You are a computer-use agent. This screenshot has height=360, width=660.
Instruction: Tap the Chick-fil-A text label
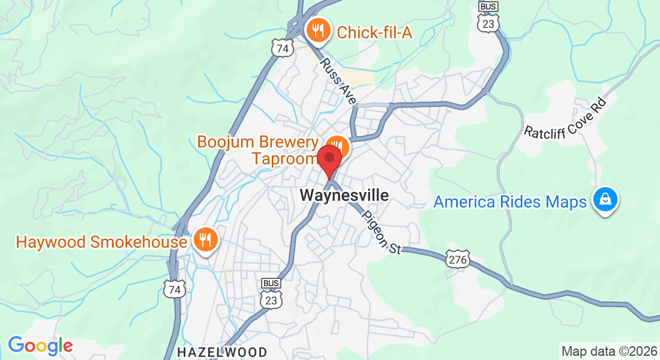tap(374, 32)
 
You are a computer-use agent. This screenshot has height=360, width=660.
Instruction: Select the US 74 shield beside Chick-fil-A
tap(281, 47)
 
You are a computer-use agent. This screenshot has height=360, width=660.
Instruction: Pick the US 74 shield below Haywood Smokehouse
tap(175, 289)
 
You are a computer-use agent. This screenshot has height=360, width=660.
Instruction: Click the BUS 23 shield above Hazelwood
tap(271, 294)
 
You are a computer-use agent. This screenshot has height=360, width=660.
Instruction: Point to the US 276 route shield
tap(457, 259)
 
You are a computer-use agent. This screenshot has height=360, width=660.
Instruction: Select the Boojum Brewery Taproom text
tap(258, 150)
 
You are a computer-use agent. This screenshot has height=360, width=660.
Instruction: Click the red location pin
tap(329, 159)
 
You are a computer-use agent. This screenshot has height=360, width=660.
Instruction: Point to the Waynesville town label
tap(344, 196)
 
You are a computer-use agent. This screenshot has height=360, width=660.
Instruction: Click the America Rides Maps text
tap(510, 202)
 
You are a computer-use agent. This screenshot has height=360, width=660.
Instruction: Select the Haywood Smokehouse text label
tap(101, 242)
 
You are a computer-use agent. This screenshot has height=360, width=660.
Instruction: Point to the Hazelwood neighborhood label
tap(222, 351)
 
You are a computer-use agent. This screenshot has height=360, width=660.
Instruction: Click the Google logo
tap(40, 345)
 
